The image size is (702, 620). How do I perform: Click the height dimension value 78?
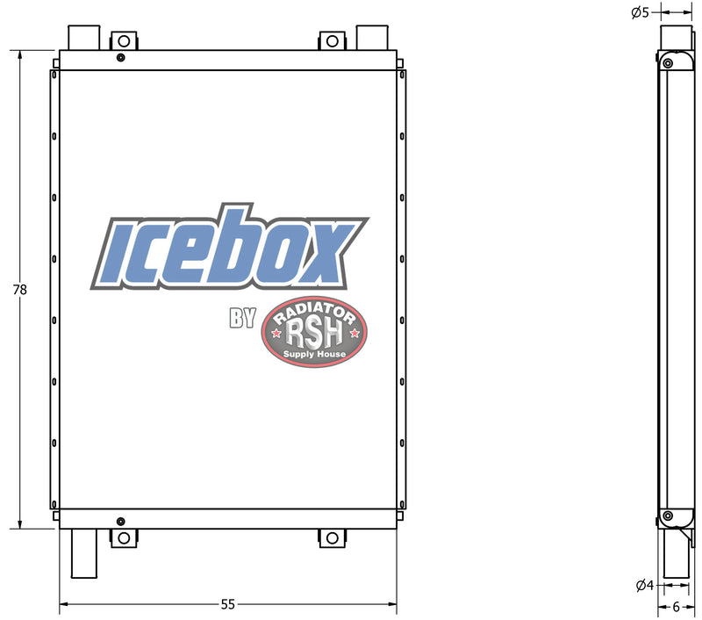pyautogui.click(x=19, y=289)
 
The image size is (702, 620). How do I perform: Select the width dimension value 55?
pyautogui.click(x=228, y=604)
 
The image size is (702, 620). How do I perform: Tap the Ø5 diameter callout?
pyautogui.click(x=640, y=12)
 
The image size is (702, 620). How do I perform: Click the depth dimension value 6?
pyautogui.click(x=676, y=606)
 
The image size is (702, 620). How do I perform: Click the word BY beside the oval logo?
pyautogui.click(x=242, y=319)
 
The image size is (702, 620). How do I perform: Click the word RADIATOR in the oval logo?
pyautogui.click(x=317, y=314)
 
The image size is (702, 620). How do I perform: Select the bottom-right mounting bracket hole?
pyautogui.click(x=333, y=537)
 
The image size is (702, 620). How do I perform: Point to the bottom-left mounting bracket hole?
pyautogui.click(x=124, y=537)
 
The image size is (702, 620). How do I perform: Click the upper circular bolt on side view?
pyautogui.click(x=667, y=63)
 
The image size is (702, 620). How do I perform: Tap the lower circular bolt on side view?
pyautogui.click(x=667, y=515)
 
